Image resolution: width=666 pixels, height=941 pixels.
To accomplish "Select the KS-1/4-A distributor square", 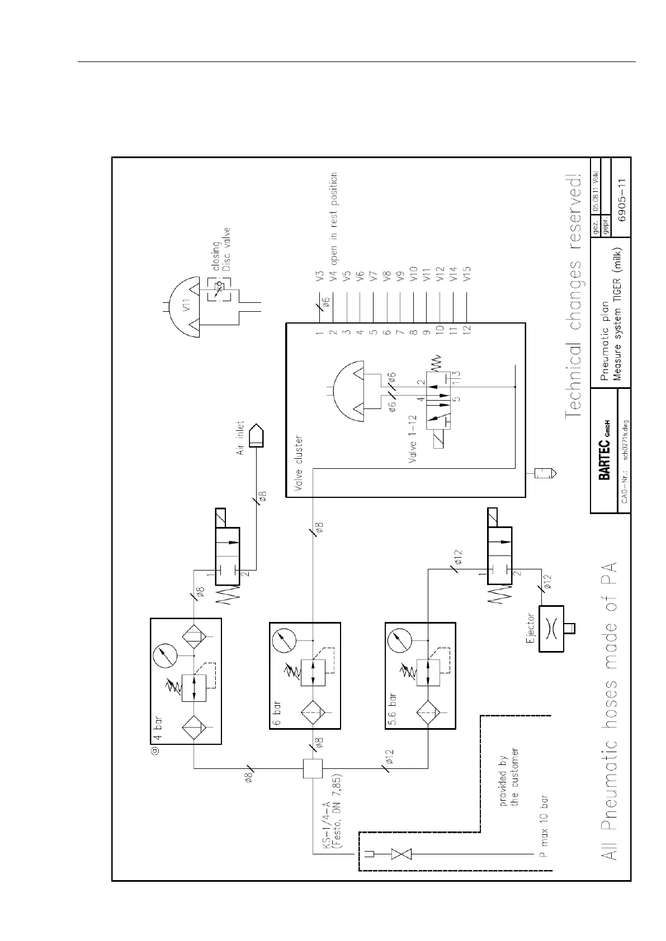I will click(313, 769).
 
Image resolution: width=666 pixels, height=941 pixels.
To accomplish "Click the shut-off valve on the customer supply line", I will click(400, 870).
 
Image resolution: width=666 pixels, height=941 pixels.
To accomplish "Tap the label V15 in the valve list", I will click(467, 274).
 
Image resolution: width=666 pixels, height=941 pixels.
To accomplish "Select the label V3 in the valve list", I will click(319, 275).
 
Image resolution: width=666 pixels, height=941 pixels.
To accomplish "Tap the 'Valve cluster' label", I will click(299, 463).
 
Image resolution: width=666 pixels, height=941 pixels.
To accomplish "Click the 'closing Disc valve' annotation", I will click(221, 249).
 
